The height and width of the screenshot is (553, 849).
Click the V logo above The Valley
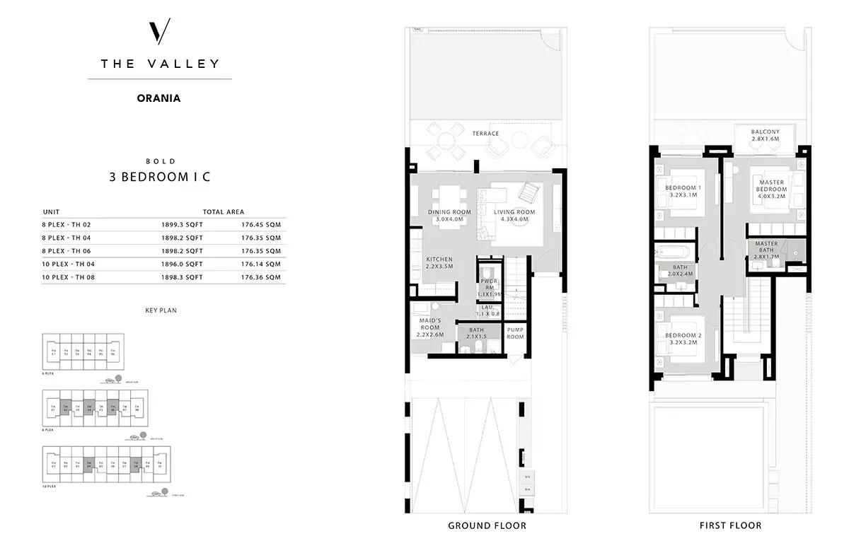pyautogui.click(x=160, y=33)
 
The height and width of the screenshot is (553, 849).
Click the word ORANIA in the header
pyautogui.click(x=159, y=98)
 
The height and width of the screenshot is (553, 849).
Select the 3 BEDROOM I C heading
pyautogui.click(x=159, y=177)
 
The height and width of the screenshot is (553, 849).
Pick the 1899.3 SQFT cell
pyautogui.click(x=182, y=224)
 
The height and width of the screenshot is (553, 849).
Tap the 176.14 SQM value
pyautogui.click(x=260, y=264)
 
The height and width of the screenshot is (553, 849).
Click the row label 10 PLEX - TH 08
pyautogui.click(x=69, y=277)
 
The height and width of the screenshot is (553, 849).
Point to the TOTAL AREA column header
pyautogui.click(x=224, y=211)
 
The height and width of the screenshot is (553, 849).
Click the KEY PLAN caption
pyautogui.click(x=159, y=310)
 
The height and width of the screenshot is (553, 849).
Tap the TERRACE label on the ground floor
pyautogui.click(x=485, y=134)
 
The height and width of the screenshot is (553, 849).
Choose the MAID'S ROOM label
pyautogui.click(x=430, y=323)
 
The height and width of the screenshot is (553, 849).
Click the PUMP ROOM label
pyautogui.click(x=515, y=333)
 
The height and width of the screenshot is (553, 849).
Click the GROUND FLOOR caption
pyautogui.click(x=487, y=525)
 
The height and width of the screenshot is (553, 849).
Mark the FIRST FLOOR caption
pyautogui.click(x=731, y=525)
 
